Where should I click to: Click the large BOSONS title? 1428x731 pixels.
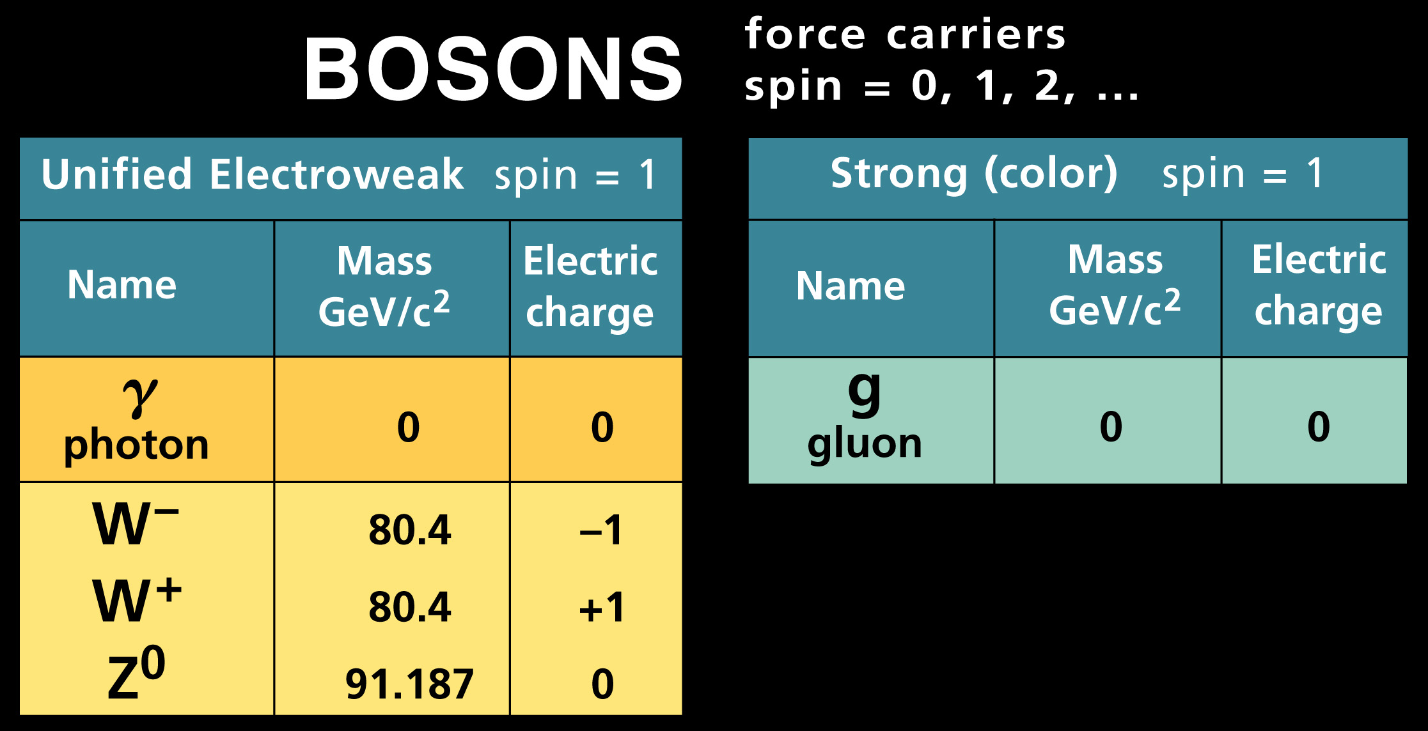(x=493, y=69)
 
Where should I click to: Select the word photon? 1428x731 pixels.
(x=136, y=445)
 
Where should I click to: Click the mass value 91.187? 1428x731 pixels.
(x=409, y=684)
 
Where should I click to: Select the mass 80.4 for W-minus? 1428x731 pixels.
(x=410, y=530)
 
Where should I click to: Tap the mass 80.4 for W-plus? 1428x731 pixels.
(x=410, y=606)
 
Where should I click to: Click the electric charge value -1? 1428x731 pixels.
(x=600, y=530)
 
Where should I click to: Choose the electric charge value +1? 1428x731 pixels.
(x=601, y=607)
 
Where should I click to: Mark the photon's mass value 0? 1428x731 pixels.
(x=409, y=427)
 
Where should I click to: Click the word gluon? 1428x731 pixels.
(x=865, y=444)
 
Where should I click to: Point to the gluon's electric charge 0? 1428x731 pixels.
(x=1319, y=426)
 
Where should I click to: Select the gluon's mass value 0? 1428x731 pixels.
(x=1111, y=426)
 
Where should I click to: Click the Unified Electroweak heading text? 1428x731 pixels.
(x=252, y=174)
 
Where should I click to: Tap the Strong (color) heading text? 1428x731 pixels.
(x=974, y=174)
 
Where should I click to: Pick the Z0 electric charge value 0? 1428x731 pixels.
(x=602, y=684)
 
